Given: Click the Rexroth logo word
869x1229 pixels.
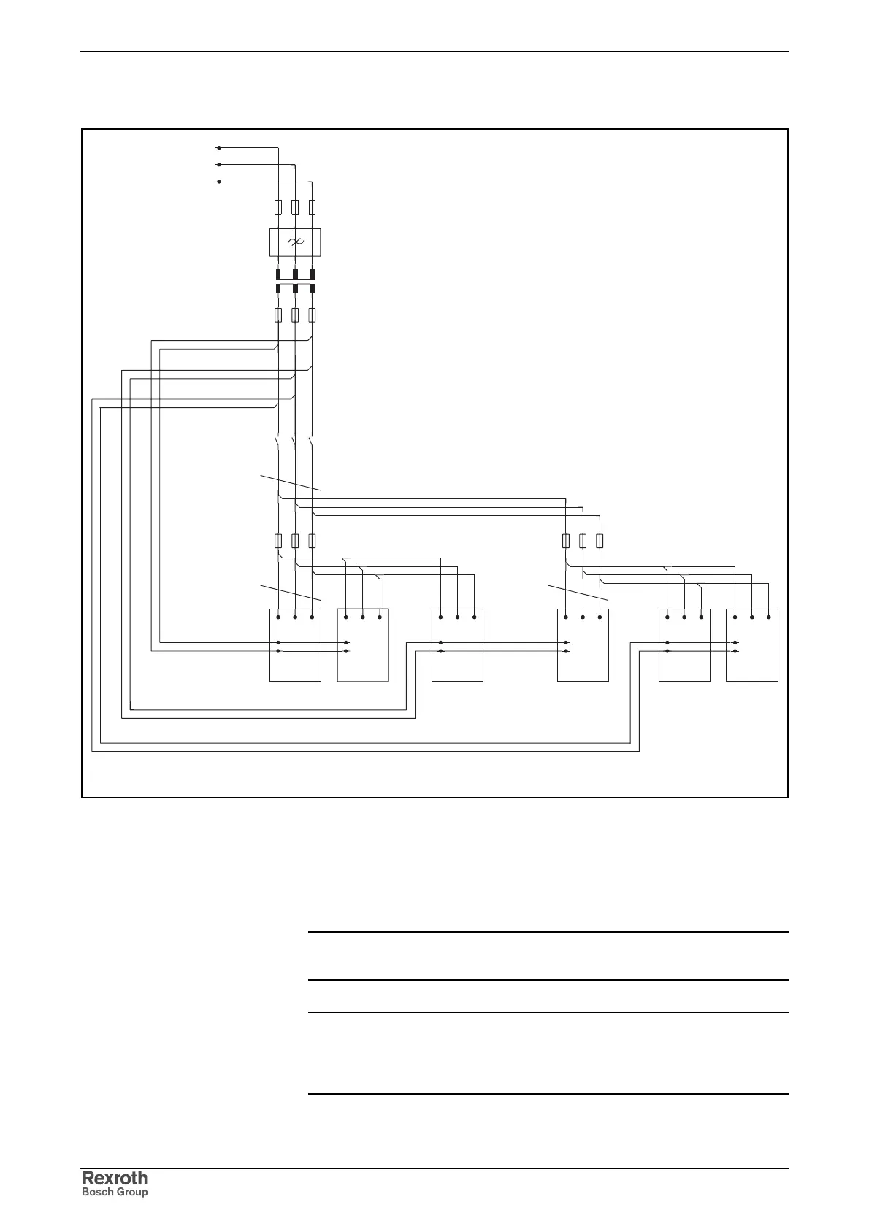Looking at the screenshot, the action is point(114,1178).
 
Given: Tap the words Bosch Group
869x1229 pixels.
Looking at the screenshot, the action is point(114,1192).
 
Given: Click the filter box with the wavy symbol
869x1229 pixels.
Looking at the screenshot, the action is point(295,242).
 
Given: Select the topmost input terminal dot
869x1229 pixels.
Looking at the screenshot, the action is point(219,147).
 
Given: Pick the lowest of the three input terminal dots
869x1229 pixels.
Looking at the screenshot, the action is point(219,182).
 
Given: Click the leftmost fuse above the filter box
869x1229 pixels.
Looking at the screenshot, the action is point(278,207).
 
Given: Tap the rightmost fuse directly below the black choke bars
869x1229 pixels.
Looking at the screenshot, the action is point(312,315).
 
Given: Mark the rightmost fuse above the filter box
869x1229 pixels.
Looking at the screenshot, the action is point(312,207).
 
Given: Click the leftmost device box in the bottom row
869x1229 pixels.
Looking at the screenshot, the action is point(295,644).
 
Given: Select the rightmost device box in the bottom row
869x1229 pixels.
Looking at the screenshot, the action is point(751,644).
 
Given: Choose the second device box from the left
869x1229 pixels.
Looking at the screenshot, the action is point(363,644).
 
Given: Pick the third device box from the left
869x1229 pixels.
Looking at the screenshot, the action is point(457,644).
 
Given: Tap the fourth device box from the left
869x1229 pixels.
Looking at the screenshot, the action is point(583,644).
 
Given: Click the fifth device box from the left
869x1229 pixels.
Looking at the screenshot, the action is point(684,644).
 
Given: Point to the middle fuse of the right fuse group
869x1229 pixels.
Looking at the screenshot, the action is point(583,541).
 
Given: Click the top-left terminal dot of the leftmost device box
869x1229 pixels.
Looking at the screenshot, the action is point(278,617).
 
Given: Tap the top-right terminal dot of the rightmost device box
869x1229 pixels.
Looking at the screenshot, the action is point(769,617).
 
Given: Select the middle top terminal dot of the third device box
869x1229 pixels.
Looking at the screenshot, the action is point(457,617).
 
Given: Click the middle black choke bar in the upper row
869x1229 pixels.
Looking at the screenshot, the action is point(295,274).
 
